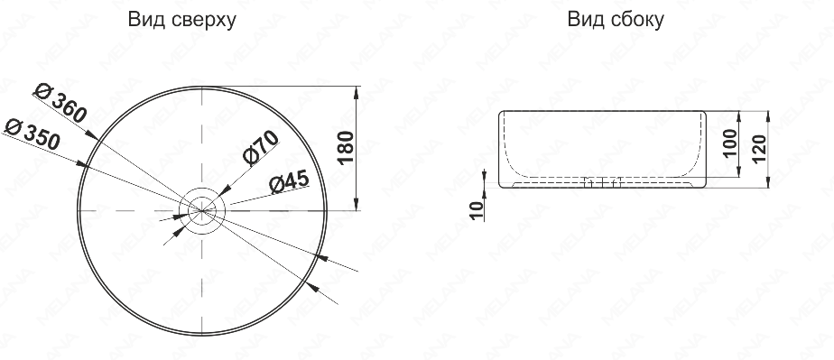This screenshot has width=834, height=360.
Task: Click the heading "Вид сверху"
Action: pos(182,21)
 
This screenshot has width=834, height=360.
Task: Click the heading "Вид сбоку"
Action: pos(616,20)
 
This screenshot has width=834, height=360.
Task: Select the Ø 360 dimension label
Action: pos(60,103)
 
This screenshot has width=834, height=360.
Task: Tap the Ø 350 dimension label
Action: pos(32,134)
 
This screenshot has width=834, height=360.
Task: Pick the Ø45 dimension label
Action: pos(289,182)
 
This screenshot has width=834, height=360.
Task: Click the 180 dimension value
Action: pos(346,147)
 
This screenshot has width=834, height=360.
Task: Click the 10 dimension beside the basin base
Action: pos(478,210)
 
